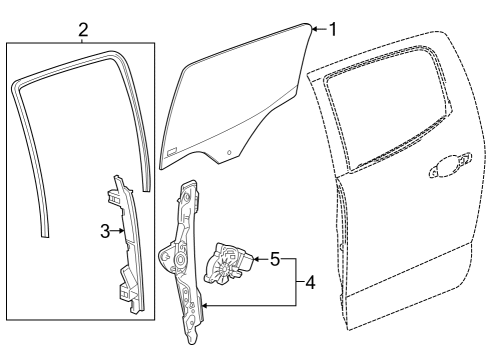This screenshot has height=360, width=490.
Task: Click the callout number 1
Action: [x=332, y=29]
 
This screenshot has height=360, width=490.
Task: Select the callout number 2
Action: [x=83, y=30]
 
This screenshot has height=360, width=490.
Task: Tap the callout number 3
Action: [x=104, y=231]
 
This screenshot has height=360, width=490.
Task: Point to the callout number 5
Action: [x=274, y=259]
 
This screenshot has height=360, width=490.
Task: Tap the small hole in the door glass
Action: [x=230, y=151]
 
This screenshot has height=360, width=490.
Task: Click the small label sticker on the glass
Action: [x=171, y=152]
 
